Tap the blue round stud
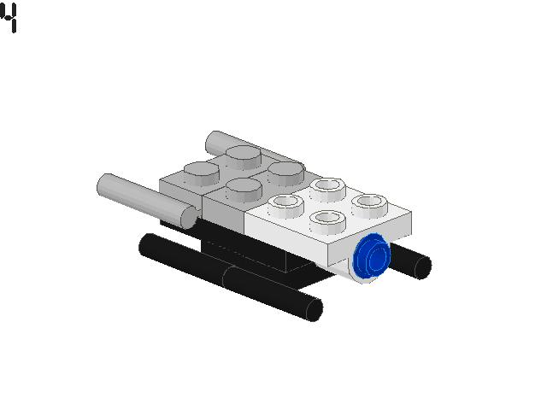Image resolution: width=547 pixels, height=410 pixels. coord(372,257)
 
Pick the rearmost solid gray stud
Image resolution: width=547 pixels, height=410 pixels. coord(244,155)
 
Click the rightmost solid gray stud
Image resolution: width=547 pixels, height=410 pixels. coord(285,169)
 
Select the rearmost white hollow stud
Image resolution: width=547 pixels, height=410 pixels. coord(326,185)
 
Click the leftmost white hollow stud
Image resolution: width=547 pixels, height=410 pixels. coord(285,203)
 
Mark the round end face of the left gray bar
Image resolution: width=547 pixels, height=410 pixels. coord(187,215)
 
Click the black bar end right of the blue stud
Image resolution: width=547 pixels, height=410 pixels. coord(421,266)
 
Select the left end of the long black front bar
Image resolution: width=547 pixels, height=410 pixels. coord(145,246)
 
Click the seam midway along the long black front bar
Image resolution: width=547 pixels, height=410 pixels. coord(226,277)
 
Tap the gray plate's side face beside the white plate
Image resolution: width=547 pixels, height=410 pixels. coord(224,217)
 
